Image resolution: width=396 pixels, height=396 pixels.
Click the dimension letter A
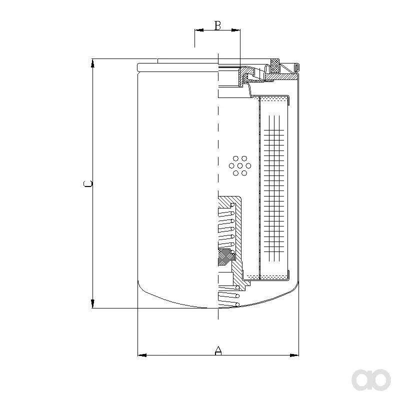click(x=218, y=350)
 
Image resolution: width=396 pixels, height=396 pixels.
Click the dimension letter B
click(x=217, y=25)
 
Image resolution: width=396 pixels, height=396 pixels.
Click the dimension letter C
click(x=88, y=183)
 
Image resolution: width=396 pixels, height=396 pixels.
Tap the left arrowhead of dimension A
click(x=142, y=355)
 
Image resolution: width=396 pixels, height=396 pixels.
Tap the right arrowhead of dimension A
click(x=294, y=355)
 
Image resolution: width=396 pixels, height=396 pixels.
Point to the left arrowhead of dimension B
click(x=199, y=30)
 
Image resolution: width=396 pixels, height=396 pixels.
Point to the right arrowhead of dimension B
click(x=236, y=30)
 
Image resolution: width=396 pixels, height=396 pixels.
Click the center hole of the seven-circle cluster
click(x=240, y=165)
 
